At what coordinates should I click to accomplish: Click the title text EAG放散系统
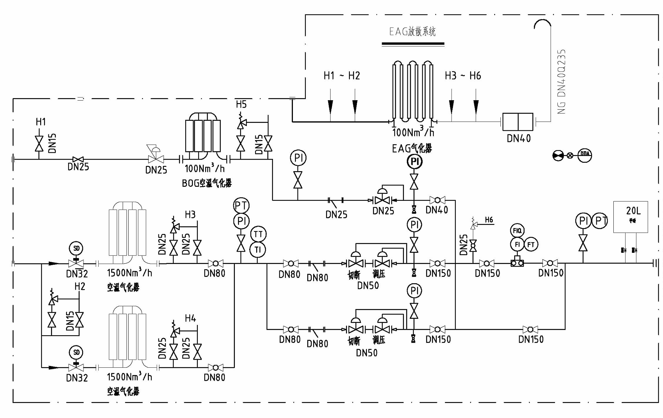coord(412,32)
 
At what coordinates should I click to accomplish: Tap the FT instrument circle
coord(531,244)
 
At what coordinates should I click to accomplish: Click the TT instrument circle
coord(258,234)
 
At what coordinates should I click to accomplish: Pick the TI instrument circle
coord(258,249)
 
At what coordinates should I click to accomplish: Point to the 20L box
coord(630,217)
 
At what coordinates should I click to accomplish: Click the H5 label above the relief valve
coord(241,104)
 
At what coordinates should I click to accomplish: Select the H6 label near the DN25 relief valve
coord(489,220)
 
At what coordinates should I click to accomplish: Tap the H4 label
coord(190,318)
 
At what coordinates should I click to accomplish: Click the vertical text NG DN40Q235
coord(561,82)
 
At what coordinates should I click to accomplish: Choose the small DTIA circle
coord(584,155)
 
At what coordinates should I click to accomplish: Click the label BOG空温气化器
coord(207,183)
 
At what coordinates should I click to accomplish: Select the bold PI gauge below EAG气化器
coord(415,162)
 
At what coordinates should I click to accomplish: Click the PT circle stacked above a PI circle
coord(241,205)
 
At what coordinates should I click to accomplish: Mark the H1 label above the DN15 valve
coord(41,122)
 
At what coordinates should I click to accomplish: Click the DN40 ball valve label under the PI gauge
coord(437,210)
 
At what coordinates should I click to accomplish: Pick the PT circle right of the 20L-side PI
coord(600,221)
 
